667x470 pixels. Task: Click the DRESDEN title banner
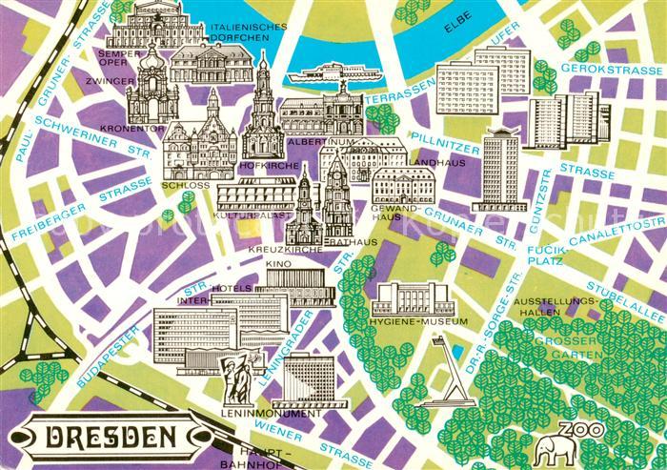[x=112, y=439]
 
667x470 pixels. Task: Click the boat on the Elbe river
[x=331, y=72]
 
